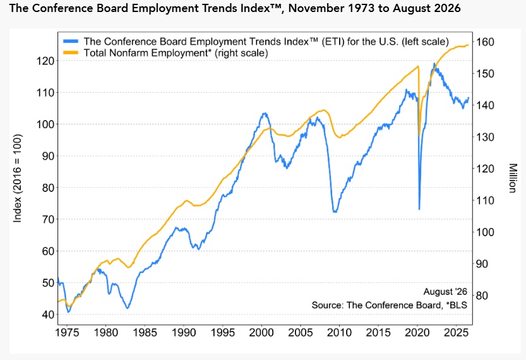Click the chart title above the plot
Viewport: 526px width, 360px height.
point(235,8)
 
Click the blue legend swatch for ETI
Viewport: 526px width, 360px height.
point(71,41)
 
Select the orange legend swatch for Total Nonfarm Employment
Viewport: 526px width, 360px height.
point(71,52)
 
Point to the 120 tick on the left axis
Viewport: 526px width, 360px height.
point(45,61)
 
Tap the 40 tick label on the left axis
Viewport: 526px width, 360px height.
point(48,315)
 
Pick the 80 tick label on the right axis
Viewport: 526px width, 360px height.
point(482,296)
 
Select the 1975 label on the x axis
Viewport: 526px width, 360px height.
point(67,332)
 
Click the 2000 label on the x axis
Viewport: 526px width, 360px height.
point(261,332)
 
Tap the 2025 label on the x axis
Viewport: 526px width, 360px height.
point(456,332)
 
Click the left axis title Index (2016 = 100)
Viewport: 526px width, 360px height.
point(18,178)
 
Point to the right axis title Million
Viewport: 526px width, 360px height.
point(512,178)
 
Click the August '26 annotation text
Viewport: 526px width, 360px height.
point(445,292)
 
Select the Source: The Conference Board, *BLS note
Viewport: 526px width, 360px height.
point(389,305)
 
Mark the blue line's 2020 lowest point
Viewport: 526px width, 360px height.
point(419,209)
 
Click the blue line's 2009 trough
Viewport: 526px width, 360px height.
point(335,212)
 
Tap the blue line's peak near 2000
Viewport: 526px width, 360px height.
point(265,114)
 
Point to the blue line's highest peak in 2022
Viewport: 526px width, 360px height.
point(434,63)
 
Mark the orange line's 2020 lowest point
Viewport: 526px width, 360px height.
point(419,135)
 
